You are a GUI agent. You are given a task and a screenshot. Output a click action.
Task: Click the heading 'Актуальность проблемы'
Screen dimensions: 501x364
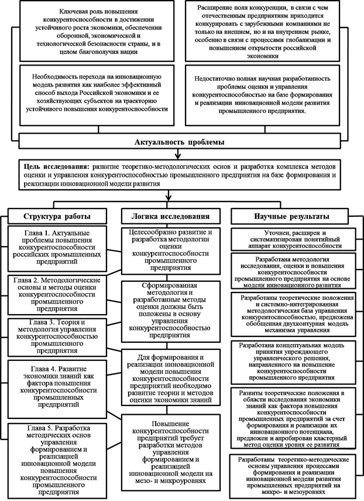(181, 143)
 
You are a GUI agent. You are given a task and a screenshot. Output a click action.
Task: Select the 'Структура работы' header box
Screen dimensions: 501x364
(58, 216)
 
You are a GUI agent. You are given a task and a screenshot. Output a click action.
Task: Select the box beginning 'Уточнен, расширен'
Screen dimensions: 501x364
(296, 240)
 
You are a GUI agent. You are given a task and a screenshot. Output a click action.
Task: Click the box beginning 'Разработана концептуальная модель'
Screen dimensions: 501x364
(296, 360)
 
